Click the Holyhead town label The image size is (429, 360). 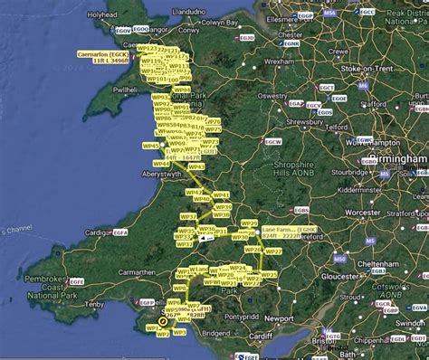[x=101, y=15]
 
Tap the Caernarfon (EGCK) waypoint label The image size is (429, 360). [x=101, y=55]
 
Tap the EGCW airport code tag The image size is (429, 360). [x=272, y=142]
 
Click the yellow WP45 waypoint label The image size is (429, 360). [x=151, y=145]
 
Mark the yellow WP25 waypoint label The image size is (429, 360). [x=269, y=274]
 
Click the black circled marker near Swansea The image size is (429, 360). [x=162, y=320]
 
